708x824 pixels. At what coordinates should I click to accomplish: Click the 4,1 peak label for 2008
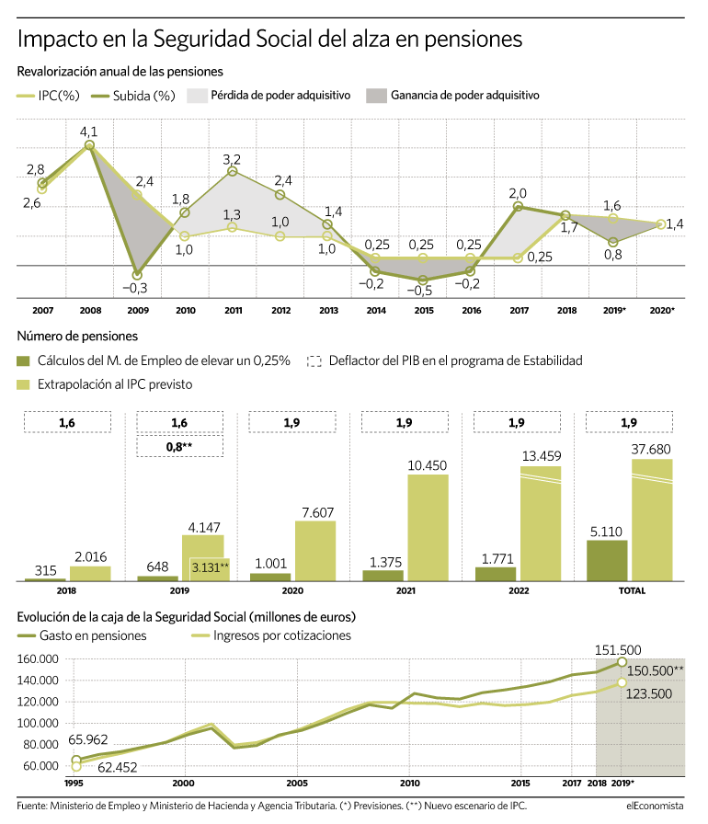(88, 132)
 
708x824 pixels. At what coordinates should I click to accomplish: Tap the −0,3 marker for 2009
(137, 275)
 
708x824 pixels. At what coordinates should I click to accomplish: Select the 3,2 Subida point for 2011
(232, 171)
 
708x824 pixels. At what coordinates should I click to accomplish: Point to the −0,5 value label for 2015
(419, 291)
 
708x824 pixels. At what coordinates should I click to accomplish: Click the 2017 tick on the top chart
(519, 311)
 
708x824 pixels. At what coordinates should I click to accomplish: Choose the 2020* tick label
(662, 311)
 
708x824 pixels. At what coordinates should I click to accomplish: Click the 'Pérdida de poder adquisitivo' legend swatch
(197, 96)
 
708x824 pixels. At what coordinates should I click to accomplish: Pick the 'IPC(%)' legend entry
(49, 96)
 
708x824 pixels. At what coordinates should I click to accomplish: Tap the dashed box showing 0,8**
(179, 447)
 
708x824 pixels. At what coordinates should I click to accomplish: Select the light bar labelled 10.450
(428, 528)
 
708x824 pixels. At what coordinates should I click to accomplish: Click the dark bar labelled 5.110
(607, 560)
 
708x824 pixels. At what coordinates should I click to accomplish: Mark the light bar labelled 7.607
(315, 551)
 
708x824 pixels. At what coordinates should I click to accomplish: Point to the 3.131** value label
(210, 567)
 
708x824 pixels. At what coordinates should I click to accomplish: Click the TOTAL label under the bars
(632, 590)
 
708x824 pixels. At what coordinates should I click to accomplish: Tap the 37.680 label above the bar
(651, 450)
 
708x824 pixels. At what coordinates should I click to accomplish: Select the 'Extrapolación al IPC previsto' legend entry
(105, 384)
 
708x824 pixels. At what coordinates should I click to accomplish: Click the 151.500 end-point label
(618, 650)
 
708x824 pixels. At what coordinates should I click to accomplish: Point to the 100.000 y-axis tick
(38, 723)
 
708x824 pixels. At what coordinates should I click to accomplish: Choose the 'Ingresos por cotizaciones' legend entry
(272, 635)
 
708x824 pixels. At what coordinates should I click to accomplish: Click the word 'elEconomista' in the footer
(655, 806)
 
